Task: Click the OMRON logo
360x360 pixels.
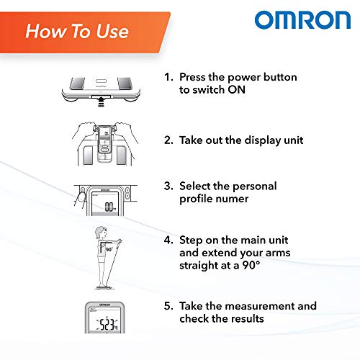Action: pyautogui.click(x=301, y=19)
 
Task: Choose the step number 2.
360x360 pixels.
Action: pyautogui.click(x=167, y=140)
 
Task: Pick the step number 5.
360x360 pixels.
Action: pyautogui.click(x=167, y=306)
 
